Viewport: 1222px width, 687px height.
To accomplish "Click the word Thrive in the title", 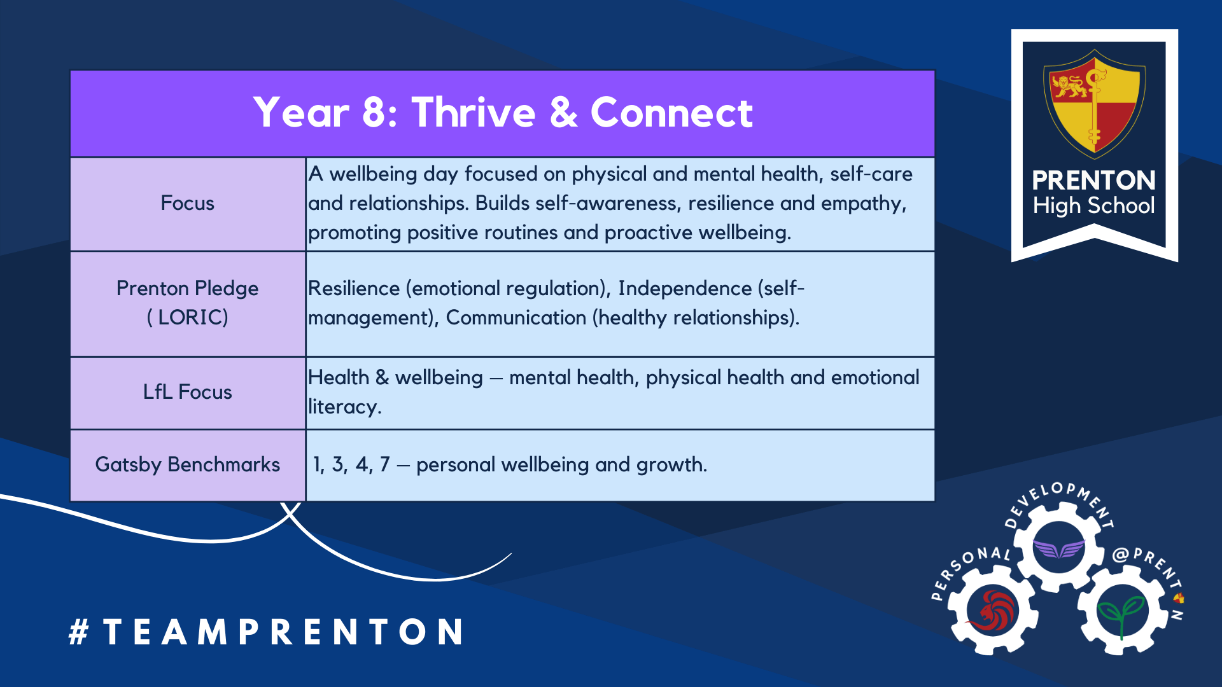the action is [474, 113].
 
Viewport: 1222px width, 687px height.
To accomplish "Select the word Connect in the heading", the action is [671, 113].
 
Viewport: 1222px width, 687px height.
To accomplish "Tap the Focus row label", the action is [187, 203].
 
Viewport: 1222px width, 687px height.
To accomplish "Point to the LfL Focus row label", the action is [187, 392].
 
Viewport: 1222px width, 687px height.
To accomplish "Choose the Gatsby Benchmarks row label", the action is [187, 464].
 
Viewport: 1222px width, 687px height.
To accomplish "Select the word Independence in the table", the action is [685, 288].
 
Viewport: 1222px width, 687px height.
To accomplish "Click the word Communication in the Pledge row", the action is [516, 317].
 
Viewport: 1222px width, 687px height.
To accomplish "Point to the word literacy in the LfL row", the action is [344, 407].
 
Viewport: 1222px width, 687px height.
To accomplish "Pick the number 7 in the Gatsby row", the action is [384, 464].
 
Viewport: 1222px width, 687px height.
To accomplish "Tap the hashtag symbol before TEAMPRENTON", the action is [78, 632].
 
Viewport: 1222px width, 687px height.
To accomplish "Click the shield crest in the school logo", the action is [1094, 104].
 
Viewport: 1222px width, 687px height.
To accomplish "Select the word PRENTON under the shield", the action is [1093, 181].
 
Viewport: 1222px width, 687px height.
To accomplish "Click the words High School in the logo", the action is [1093, 205].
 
